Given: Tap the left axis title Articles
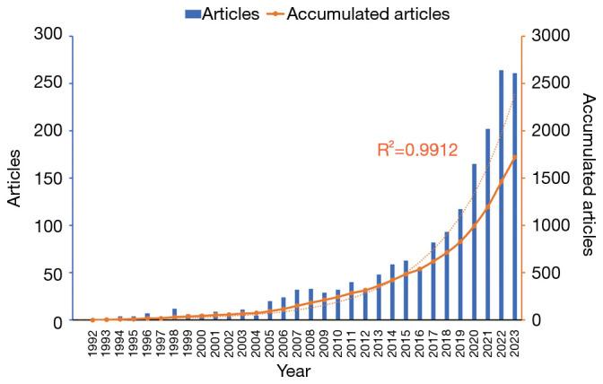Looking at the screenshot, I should tap(14, 178).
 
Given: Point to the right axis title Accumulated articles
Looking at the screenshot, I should tap(588, 174).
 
